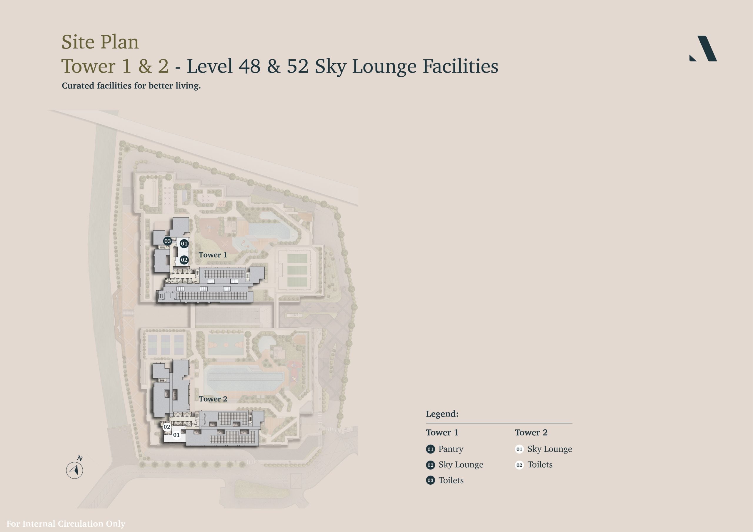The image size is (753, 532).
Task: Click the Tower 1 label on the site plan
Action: point(213,255)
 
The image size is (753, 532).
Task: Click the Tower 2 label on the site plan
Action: point(213,399)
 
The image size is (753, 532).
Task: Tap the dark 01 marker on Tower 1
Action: point(184,244)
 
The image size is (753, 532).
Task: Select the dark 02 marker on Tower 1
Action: point(184,260)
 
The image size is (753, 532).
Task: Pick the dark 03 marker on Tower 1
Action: point(168,241)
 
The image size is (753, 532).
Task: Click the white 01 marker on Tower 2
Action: point(176,435)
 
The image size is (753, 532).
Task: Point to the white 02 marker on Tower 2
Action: point(167,427)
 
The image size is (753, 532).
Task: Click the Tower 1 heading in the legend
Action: point(442,432)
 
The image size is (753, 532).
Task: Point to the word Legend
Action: point(442,414)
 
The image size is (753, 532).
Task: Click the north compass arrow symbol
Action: point(75,470)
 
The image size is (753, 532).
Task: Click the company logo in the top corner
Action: point(703,48)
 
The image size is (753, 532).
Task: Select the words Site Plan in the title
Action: point(100,42)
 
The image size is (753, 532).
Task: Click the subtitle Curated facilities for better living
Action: point(131,86)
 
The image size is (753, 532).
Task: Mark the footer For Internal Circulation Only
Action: point(66,523)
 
